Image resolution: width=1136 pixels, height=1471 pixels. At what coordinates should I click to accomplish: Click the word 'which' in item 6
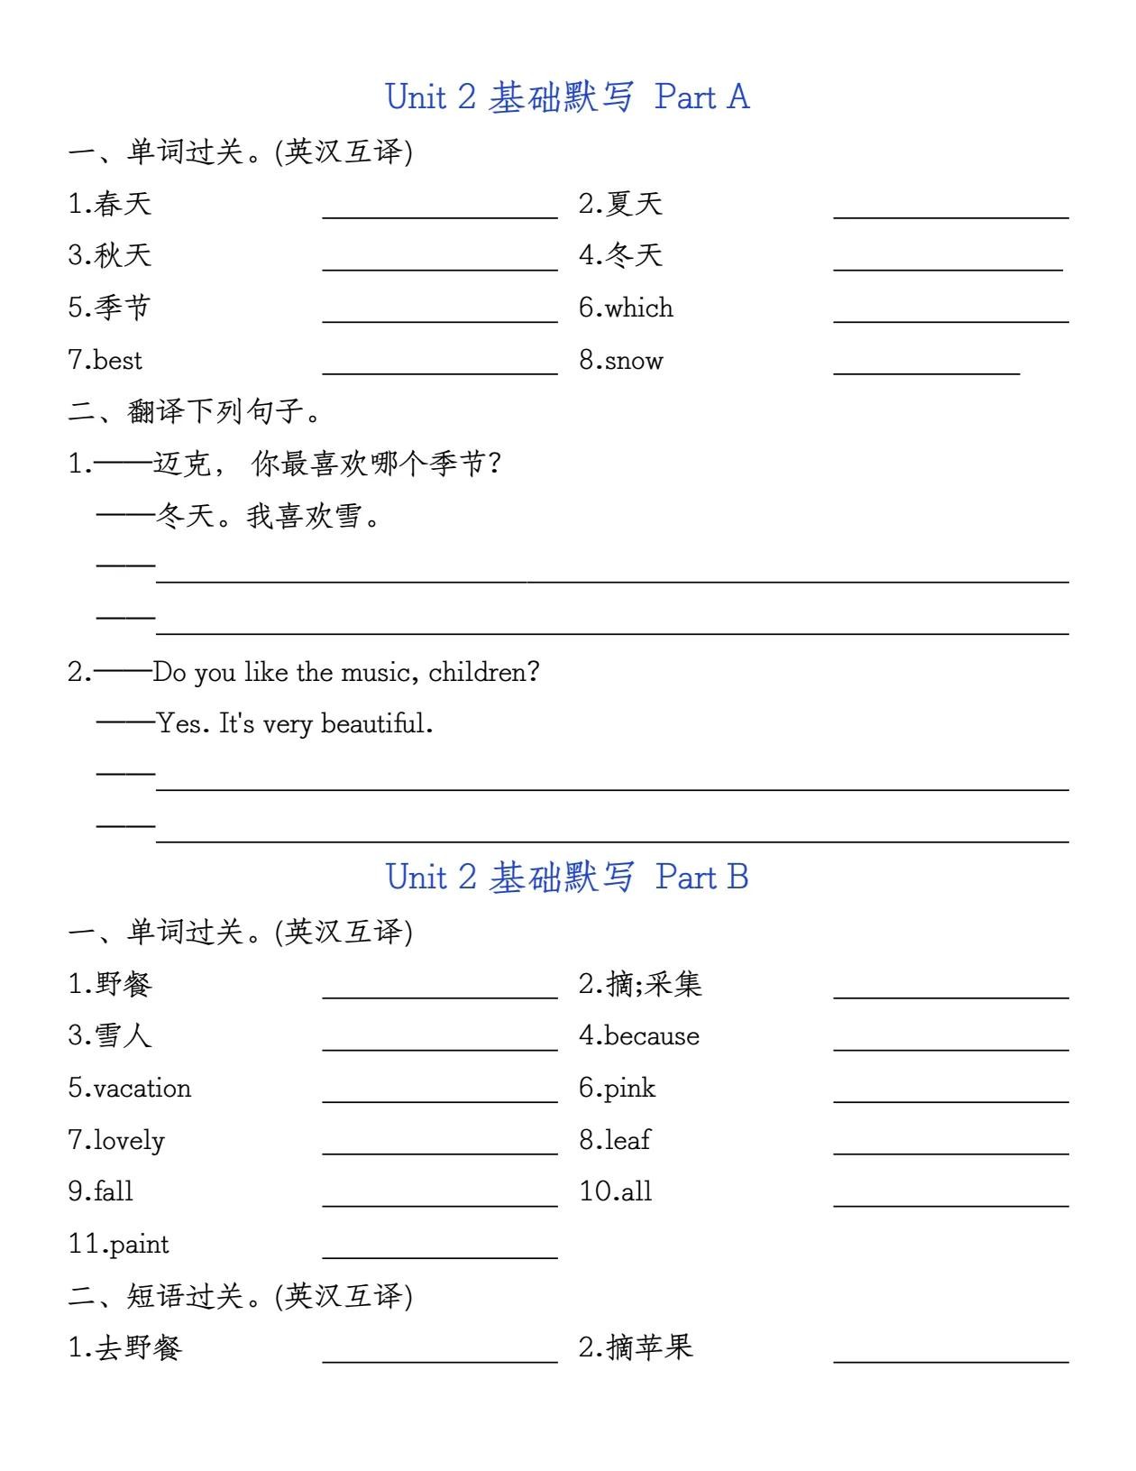point(639,308)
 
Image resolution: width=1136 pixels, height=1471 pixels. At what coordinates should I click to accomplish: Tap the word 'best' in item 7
point(118,360)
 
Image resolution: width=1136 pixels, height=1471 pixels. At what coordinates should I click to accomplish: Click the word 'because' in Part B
point(652,1035)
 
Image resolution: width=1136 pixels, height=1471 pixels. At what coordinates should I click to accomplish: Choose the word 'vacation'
point(142,1088)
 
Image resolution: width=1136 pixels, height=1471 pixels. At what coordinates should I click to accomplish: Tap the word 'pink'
point(630,1088)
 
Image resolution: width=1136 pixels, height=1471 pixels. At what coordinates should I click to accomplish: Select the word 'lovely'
point(129,1140)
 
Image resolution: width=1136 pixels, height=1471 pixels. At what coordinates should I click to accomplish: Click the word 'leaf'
point(628,1140)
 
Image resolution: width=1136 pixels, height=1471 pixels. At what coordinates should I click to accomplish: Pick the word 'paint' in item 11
point(139,1245)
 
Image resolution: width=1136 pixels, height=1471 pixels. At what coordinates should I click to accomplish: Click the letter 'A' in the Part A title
point(737,97)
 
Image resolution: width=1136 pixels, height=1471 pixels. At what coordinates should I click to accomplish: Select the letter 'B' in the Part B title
point(737,877)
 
